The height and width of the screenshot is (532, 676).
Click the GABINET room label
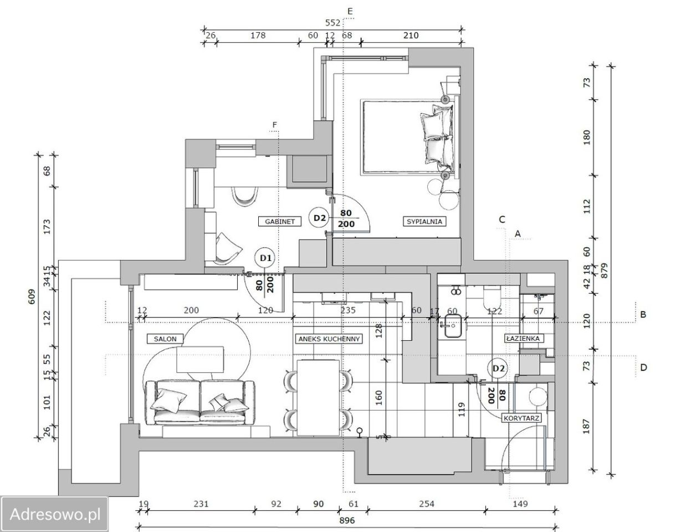(x=280, y=221)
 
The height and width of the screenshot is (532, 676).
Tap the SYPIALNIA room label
(x=424, y=221)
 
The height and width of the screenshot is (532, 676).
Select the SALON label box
(x=165, y=339)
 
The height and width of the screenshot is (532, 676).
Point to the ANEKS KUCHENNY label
(x=329, y=339)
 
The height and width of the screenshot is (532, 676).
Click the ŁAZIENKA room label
(x=523, y=339)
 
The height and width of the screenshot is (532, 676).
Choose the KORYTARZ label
(x=521, y=418)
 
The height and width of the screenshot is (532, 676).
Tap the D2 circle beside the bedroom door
(x=320, y=217)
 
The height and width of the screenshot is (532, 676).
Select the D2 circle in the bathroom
(x=498, y=369)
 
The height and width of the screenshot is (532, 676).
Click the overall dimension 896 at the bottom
(x=347, y=520)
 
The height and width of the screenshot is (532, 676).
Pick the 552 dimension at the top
(x=332, y=23)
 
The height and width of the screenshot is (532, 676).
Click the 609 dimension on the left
(x=32, y=296)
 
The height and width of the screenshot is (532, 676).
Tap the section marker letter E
(x=350, y=11)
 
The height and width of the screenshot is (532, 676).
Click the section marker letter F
(x=274, y=125)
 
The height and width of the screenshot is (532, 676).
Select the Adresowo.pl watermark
(x=55, y=514)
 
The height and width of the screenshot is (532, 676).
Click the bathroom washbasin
(x=452, y=326)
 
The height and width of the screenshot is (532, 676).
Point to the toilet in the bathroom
(x=491, y=297)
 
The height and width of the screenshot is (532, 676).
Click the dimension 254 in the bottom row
(x=427, y=504)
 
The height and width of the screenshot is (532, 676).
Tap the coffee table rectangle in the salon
(x=200, y=360)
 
